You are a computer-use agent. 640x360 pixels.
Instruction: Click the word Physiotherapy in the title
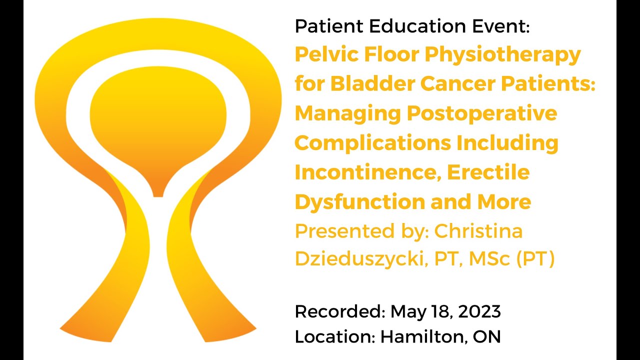pyautogui.click(x=502, y=54)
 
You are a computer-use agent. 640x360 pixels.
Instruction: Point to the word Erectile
pyautogui.click(x=488, y=172)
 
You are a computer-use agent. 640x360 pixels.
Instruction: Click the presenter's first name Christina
pyautogui.click(x=478, y=231)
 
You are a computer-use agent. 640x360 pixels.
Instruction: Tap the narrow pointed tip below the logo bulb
pyautogui.click(x=158, y=190)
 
